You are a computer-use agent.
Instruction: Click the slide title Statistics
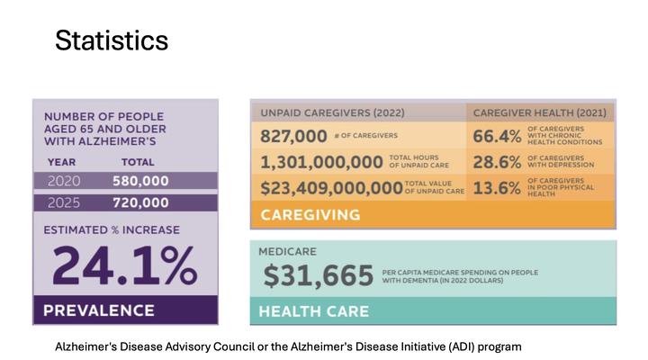tap(112, 40)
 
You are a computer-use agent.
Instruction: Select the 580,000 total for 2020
tap(140, 181)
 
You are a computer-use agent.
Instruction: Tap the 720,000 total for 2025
tap(140, 202)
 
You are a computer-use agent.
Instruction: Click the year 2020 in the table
tap(64, 181)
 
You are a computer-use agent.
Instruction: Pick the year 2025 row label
tap(64, 202)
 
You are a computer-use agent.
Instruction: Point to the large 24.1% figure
tap(125, 265)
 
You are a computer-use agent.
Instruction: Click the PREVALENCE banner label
tap(99, 310)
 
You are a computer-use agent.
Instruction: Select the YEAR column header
tap(61, 162)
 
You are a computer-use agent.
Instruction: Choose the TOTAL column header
tap(138, 162)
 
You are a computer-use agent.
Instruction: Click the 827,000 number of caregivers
tap(293, 136)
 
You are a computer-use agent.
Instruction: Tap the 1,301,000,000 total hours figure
tap(321, 162)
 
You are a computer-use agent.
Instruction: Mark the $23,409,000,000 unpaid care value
tap(331, 188)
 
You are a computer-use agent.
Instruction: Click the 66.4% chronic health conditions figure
tap(497, 136)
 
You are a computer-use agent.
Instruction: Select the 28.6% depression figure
tap(497, 162)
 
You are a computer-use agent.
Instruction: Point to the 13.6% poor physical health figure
tap(497, 188)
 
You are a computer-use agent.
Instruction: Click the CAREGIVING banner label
tap(310, 215)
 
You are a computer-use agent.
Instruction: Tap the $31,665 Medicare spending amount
tap(319, 275)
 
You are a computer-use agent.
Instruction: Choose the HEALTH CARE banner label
tap(314, 311)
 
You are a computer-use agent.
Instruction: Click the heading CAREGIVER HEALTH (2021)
tap(540, 112)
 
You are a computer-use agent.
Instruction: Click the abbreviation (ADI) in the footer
tap(462, 346)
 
